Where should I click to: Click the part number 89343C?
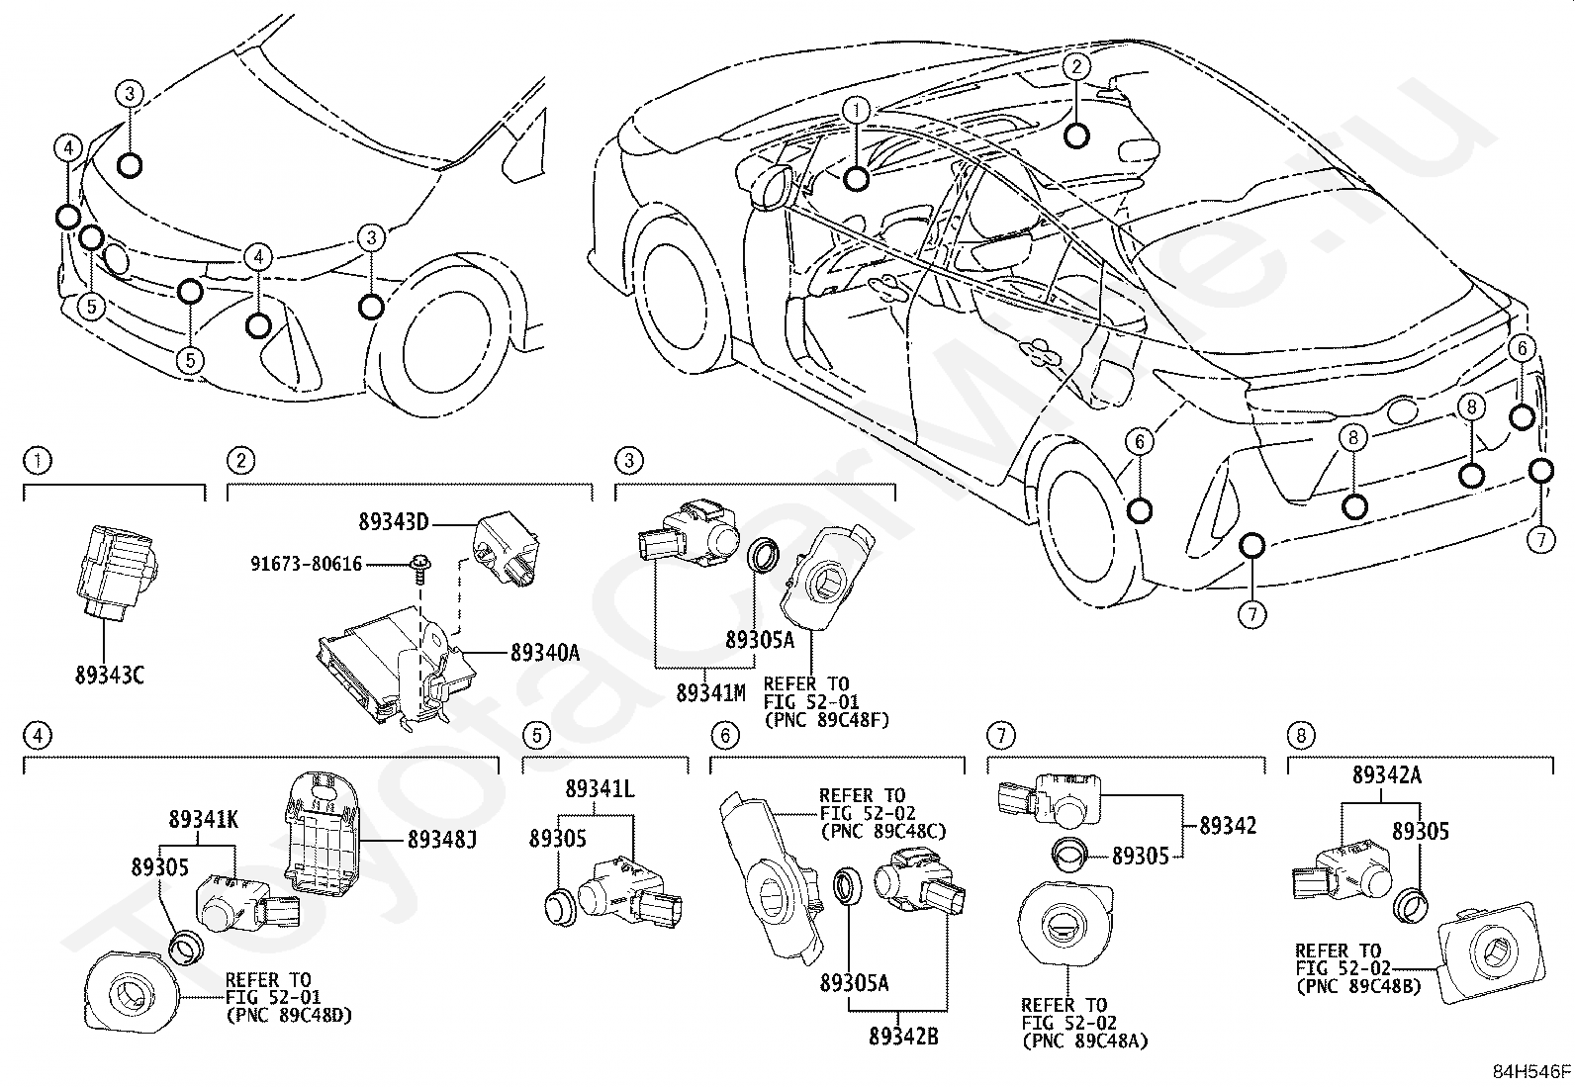click(110, 675)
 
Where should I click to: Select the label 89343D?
click(393, 521)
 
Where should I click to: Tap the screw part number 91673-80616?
click(307, 564)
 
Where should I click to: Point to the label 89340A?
click(545, 653)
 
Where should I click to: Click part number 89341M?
click(711, 693)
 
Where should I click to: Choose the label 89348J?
click(442, 840)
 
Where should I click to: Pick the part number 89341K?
click(203, 819)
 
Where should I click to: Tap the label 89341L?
click(600, 789)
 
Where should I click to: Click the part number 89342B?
click(903, 1037)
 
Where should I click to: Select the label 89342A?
click(1387, 774)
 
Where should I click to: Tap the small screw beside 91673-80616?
click(420, 568)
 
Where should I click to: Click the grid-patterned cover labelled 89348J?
click(323, 833)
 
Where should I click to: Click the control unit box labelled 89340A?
click(395, 668)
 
